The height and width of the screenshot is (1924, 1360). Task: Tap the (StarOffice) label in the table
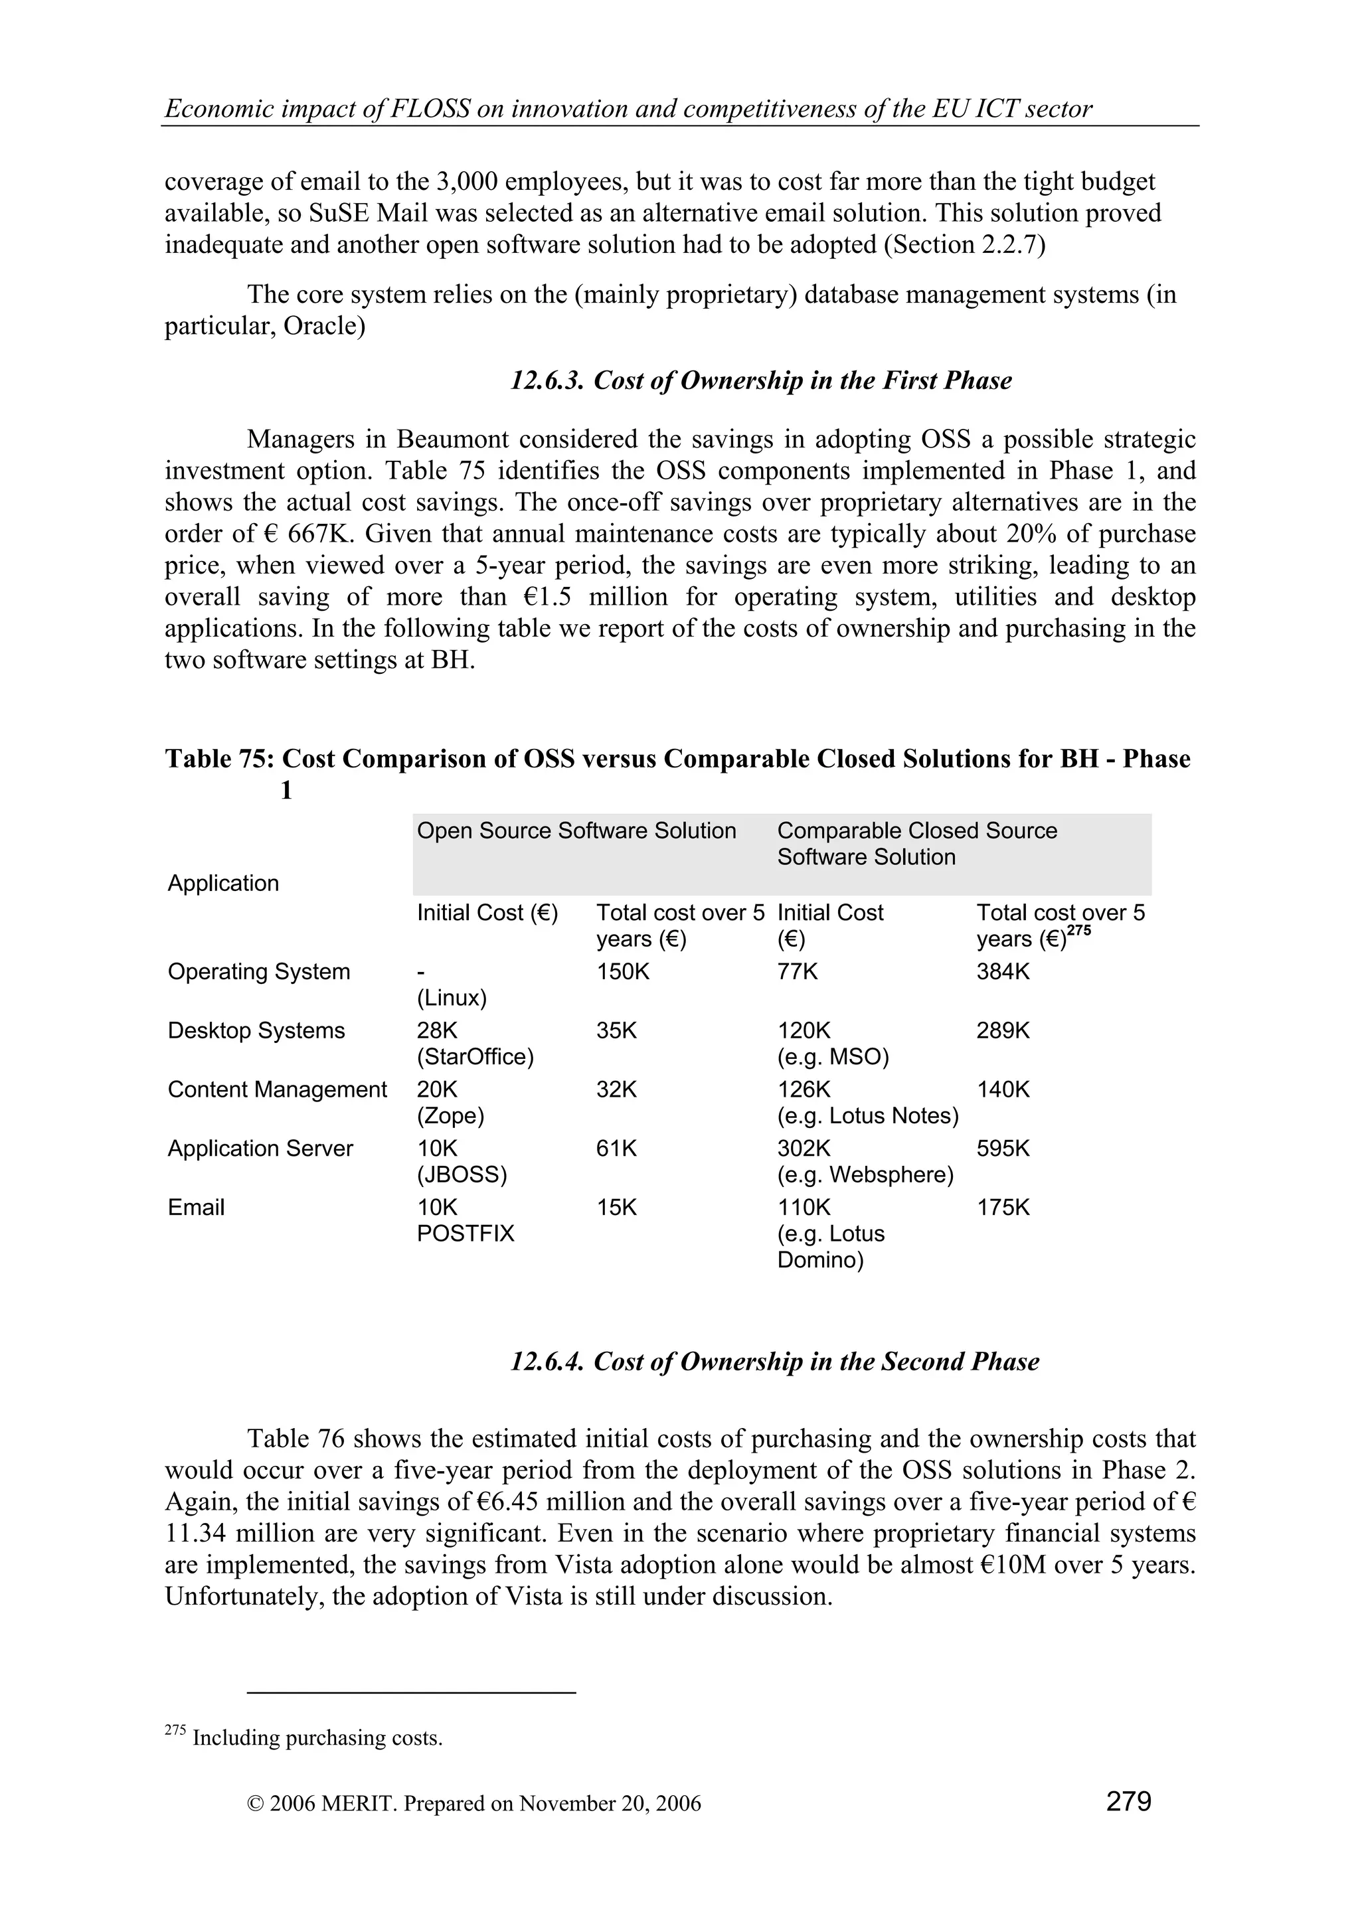coord(475,1057)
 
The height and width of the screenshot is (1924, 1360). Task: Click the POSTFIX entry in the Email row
coord(465,1234)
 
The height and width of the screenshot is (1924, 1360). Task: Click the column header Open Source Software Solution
coord(576,831)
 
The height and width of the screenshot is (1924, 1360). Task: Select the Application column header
coord(223,883)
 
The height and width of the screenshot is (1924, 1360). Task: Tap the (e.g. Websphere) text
coord(865,1175)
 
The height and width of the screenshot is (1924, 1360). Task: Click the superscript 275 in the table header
coord(1078,930)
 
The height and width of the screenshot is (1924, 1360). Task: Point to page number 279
coord(1128,1801)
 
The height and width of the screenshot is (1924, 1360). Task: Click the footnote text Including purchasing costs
coord(317,1738)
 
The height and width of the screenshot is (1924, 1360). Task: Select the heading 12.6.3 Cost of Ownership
coord(761,380)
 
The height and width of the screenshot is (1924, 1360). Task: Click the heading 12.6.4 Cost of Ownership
coord(774,1361)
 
